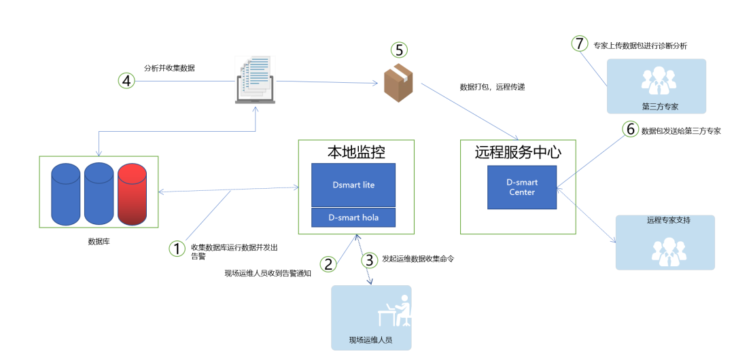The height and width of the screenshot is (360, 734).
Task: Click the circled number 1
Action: [177, 249]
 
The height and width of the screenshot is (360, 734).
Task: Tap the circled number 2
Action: [329, 264]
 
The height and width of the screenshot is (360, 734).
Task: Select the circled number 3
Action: [369, 259]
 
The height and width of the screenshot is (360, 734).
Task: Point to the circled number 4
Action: [126, 81]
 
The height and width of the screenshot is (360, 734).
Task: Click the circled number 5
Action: [400, 50]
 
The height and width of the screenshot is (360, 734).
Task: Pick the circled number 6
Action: [631, 129]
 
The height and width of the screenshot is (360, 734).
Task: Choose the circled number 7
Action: [579, 44]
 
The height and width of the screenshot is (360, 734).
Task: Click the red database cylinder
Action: [132, 194]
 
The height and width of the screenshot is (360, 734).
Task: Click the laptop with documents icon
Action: [255, 81]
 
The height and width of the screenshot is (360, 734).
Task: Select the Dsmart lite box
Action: [353, 185]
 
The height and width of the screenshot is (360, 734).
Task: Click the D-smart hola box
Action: [353, 217]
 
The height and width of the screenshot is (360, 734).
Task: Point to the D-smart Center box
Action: [522, 187]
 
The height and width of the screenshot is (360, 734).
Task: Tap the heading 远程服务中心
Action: [518, 152]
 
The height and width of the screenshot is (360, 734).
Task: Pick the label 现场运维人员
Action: [370, 340]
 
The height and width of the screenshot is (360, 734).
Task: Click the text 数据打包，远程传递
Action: [492, 87]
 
